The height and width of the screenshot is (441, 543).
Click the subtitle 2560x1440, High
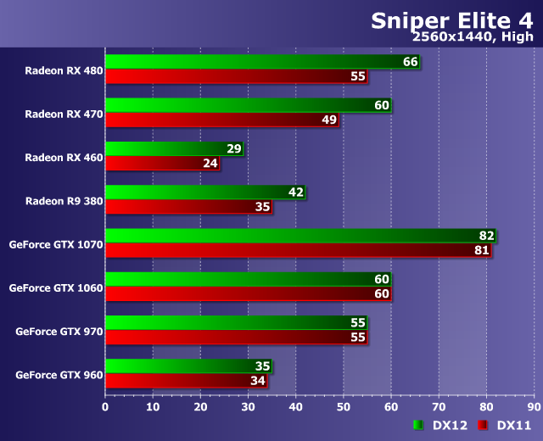click(x=473, y=37)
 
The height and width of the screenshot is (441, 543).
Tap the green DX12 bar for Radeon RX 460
click(x=165, y=149)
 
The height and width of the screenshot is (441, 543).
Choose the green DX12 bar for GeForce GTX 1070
click(x=288, y=236)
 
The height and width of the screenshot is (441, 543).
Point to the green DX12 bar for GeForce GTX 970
click(x=229, y=323)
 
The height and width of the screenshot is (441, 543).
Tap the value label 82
click(x=485, y=236)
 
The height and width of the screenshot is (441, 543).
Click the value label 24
click(x=210, y=163)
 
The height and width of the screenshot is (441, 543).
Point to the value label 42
click(x=296, y=193)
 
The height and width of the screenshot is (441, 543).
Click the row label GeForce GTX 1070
click(x=56, y=244)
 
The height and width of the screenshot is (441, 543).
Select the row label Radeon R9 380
click(x=64, y=200)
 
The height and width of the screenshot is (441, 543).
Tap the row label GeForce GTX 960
click(x=59, y=374)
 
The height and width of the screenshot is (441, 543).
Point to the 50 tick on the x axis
click(x=343, y=407)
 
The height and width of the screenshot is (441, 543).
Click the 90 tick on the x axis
click(x=533, y=407)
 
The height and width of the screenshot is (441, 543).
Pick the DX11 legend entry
click(x=505, y=425)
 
